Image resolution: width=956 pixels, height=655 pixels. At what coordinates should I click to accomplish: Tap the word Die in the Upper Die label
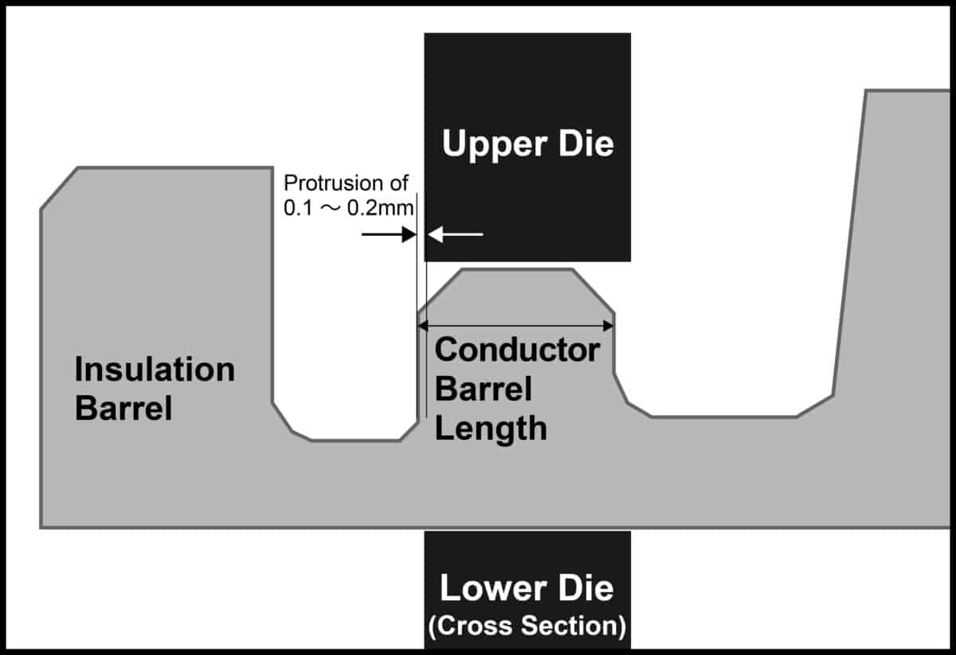pos(585,146)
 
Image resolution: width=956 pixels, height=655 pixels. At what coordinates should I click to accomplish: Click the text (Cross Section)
pos(527,626)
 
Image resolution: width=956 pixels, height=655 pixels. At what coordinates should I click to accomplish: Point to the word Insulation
pos(155,370)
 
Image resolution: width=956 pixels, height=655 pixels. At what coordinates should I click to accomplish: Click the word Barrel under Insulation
pos(123,409)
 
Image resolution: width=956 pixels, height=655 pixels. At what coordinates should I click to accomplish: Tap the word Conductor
pos(518,350)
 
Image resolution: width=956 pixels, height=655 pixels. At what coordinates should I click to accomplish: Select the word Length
pos(491,429)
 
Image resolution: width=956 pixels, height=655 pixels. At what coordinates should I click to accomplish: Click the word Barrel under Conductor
pos(484,390)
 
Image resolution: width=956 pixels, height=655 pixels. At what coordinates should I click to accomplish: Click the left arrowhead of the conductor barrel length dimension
pos(425,324)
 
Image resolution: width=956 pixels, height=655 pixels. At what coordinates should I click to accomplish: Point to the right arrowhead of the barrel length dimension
pos(608,324)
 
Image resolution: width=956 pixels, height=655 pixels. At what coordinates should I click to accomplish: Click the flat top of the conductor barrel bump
pos(517,271)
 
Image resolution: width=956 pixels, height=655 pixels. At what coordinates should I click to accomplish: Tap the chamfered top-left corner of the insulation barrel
pos(59,188)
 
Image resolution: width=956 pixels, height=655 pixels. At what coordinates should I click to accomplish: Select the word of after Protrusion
pos(396,183)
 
